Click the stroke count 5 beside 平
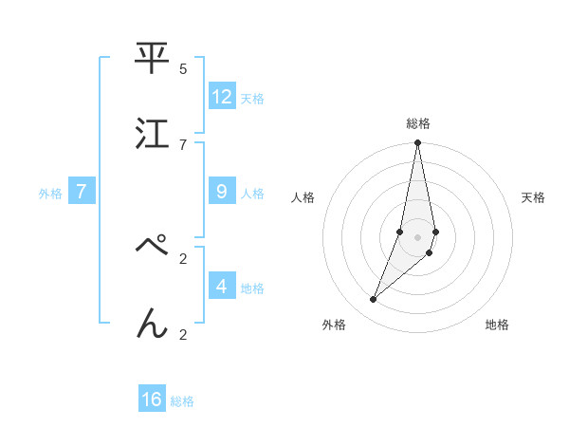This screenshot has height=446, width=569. click(x=183, y=68)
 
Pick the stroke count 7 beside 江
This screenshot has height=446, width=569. click(x=183, y=144)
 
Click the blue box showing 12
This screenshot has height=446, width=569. click(x=222, y=97)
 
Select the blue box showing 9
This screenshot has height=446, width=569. click(x=222, y=192)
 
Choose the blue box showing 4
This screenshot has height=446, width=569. click(x=222, y=286)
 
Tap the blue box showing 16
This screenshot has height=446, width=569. click(x=152, y=400)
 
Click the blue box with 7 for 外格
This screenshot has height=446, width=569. click(x=82, y=192)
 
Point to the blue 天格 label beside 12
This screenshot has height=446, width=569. click(x=252, y=98)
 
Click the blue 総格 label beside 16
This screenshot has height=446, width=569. click(x=182, y=401)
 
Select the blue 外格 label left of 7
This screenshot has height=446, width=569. click(x=50, y=194)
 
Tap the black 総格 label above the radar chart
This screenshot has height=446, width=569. click(x=418, y=123)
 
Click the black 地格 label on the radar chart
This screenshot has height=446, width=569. click(x=497, y=325)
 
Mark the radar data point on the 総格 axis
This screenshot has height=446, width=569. click(x=417, y=144)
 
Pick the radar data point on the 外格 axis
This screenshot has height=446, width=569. click(x=374, y=299)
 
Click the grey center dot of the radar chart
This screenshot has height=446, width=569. click(x=417, y=236)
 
